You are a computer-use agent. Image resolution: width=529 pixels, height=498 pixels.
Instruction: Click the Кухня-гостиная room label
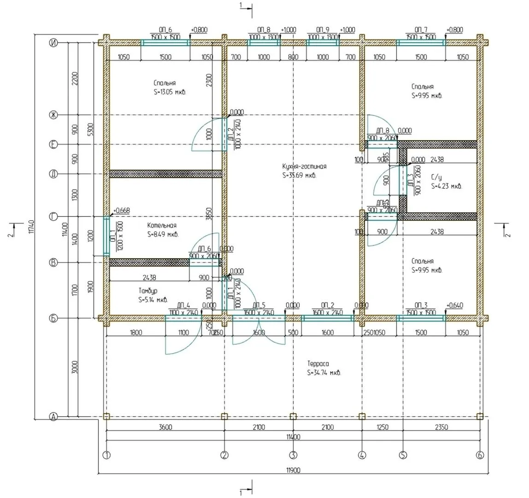point(304,166)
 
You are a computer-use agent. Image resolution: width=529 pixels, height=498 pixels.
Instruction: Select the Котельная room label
point(162,225)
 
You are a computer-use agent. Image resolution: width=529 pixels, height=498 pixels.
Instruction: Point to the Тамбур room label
point(147,291)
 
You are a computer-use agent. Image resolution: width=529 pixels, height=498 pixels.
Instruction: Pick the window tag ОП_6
point(165,30)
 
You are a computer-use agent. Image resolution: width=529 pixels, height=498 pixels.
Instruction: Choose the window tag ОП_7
point(421,30)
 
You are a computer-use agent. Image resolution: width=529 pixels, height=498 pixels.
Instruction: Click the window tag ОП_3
point(421,305)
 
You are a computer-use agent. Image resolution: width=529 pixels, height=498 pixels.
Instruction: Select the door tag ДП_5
point(259,305)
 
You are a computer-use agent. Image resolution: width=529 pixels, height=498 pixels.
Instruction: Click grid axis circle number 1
point(106,455)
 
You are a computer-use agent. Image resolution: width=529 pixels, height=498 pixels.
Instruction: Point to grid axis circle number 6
point(480,455)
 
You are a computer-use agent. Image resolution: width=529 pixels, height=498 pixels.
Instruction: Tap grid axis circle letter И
point(53,43)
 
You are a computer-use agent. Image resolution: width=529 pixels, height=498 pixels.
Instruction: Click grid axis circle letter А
point(53,417)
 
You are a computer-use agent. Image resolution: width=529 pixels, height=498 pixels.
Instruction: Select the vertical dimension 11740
point(31,226)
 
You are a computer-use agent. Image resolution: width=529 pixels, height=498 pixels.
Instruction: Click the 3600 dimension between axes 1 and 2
point(165,427)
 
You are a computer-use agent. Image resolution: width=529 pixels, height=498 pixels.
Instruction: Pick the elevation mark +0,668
point(121,211)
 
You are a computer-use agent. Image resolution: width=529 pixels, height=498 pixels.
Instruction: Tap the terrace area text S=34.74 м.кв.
point(324,373)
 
